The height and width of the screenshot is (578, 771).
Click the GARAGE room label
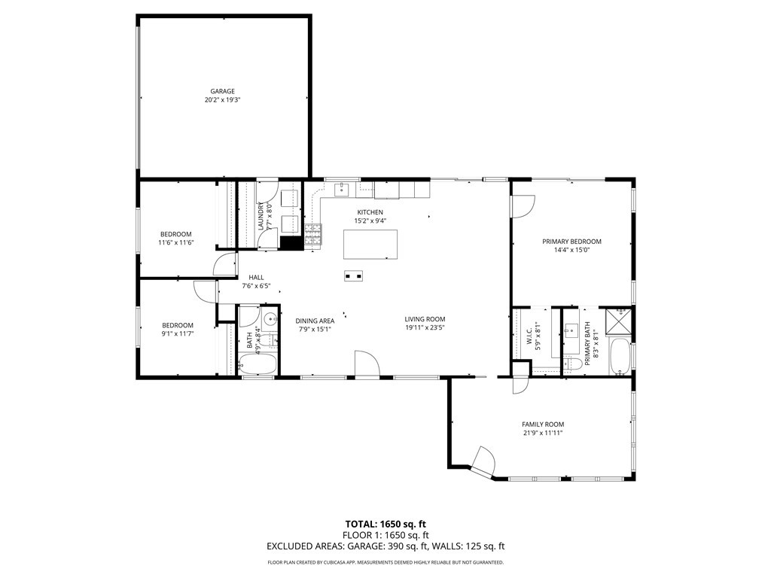click(x=222, y=91)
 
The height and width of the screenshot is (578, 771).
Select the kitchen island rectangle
click(x=370, y=244)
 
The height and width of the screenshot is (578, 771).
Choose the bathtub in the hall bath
click(x=258, y=364)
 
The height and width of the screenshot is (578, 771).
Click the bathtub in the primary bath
click(x=620, y=357)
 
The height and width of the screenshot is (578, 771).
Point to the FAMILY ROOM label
click(x=543, y=424)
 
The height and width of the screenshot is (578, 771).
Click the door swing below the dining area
click(x=367, y=364)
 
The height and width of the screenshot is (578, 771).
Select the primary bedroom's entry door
click(x=522, y=205)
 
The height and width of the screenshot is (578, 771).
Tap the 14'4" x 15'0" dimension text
click(x=571, y=250)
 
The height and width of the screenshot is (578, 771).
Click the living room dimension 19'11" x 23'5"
click(x=425, y=328)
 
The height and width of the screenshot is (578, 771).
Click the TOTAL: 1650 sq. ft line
click(x=385, y=524)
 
